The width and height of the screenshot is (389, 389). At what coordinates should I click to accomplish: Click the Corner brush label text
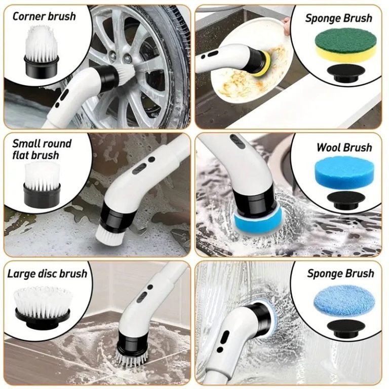[44, 16]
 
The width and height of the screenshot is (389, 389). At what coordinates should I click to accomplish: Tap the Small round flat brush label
[42, 149]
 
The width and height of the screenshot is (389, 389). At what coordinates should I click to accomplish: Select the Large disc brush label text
[47, 274]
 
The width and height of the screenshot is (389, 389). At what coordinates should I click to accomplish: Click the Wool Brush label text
[344, 147]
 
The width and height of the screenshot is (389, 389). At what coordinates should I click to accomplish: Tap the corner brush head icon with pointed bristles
[42, 52]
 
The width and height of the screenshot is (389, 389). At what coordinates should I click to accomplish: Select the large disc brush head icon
[43, 306]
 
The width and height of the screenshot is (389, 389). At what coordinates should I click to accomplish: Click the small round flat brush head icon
[42, 184]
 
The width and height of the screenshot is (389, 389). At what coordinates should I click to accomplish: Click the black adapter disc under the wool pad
[346, 200]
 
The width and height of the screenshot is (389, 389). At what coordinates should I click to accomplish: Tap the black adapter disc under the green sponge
[346, 73]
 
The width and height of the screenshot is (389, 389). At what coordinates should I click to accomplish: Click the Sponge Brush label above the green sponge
[339, 18]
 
